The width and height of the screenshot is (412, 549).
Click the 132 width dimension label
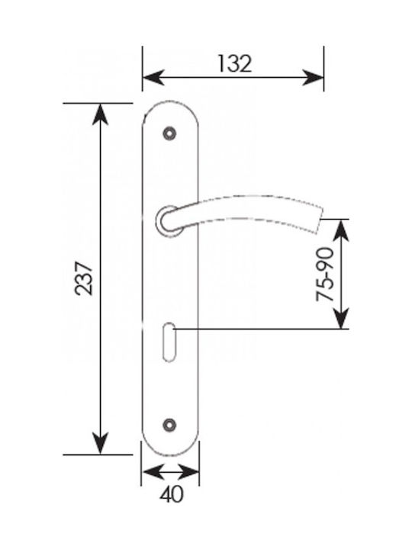click(x=234, y=64)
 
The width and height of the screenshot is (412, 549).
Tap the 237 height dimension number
click(x=85, y=278)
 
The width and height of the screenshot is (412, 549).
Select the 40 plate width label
click(x=172, y=495)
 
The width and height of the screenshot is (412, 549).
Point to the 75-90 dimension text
click(x=325, y=274)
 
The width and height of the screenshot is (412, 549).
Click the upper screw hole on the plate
click(x=169, y=133)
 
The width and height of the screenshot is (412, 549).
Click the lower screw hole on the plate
click(x=169, y=425)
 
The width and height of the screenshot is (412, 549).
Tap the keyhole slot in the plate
click(x=169, y=342)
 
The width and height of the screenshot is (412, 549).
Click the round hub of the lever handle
click(x=168, y=220)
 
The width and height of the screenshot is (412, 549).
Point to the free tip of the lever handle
click(x=320, y=220)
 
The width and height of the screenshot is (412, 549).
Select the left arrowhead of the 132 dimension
click(x=153, y=77)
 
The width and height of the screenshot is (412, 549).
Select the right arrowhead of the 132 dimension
click(x=313, y=77)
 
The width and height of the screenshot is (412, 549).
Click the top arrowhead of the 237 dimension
click(x=100, y=114)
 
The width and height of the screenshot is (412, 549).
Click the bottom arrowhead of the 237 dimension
click(x=100, y=444)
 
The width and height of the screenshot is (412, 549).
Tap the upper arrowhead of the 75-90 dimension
click(x=340, y=230)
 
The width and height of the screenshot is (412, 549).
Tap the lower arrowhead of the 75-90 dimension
click(x=340, y=318)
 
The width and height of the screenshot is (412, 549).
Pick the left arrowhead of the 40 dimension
click(x=153, y=472)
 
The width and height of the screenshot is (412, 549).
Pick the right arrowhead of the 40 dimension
click(x=188, y=472)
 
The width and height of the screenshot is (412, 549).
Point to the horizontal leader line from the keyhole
click(x=261, y=329)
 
